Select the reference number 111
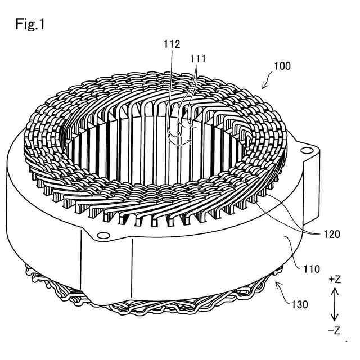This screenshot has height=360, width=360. [x=198, y=57]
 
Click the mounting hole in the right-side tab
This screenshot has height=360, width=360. [x=306, y=150]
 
